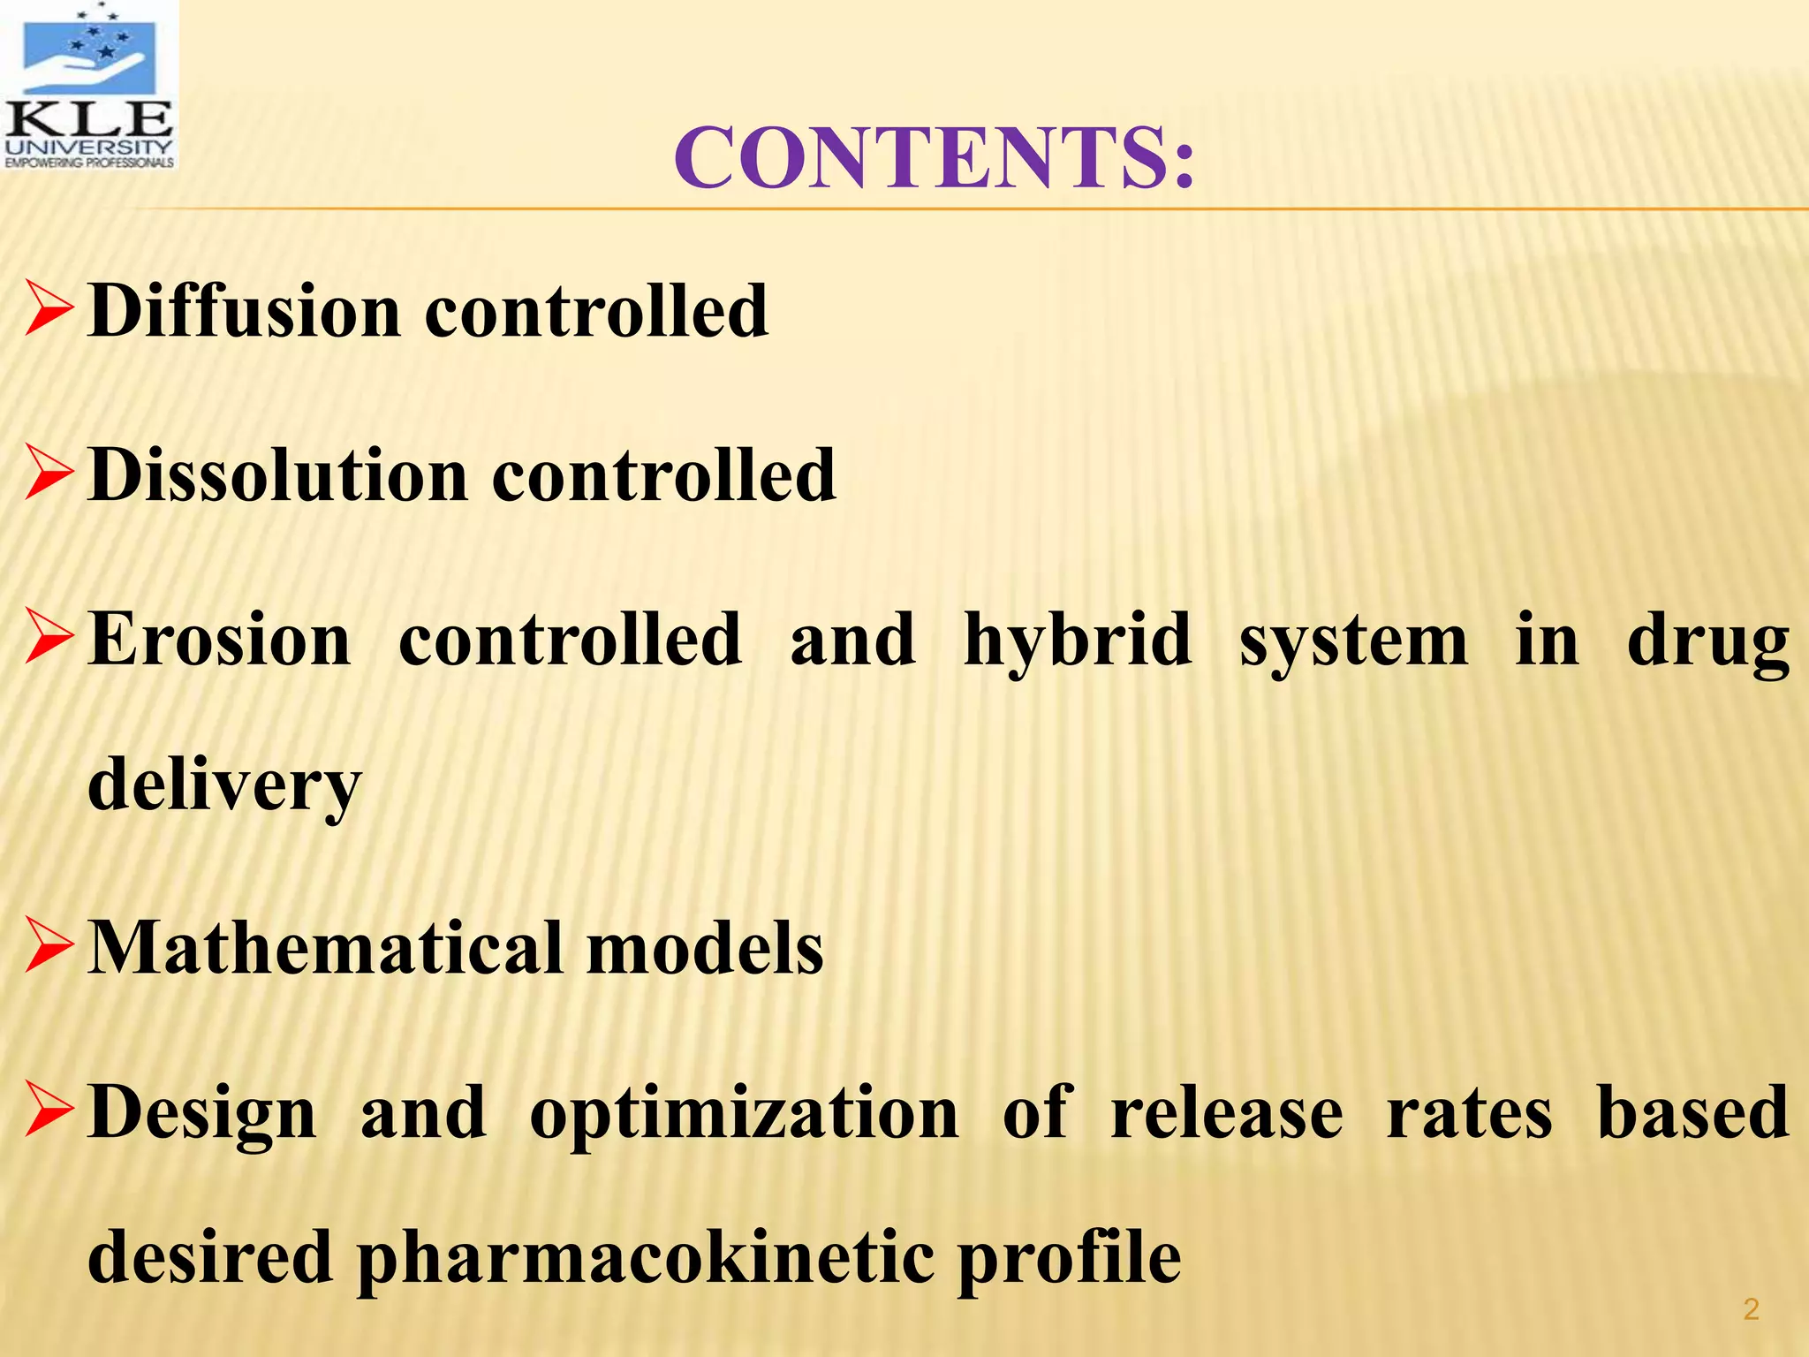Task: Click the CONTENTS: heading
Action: pos(935,158)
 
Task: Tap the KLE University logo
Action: pos(89,86)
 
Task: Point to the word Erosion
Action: pos(220,640)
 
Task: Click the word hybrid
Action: pos(1078,640)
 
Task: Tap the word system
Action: pos(1353,640)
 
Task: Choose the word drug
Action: pos(1708,640)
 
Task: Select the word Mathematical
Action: pos(325,948)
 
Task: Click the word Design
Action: pos(202,1113)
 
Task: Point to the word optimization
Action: pos(744,1113)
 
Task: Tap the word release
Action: pos(1227,1113)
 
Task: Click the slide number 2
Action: pos(1751,1308)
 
